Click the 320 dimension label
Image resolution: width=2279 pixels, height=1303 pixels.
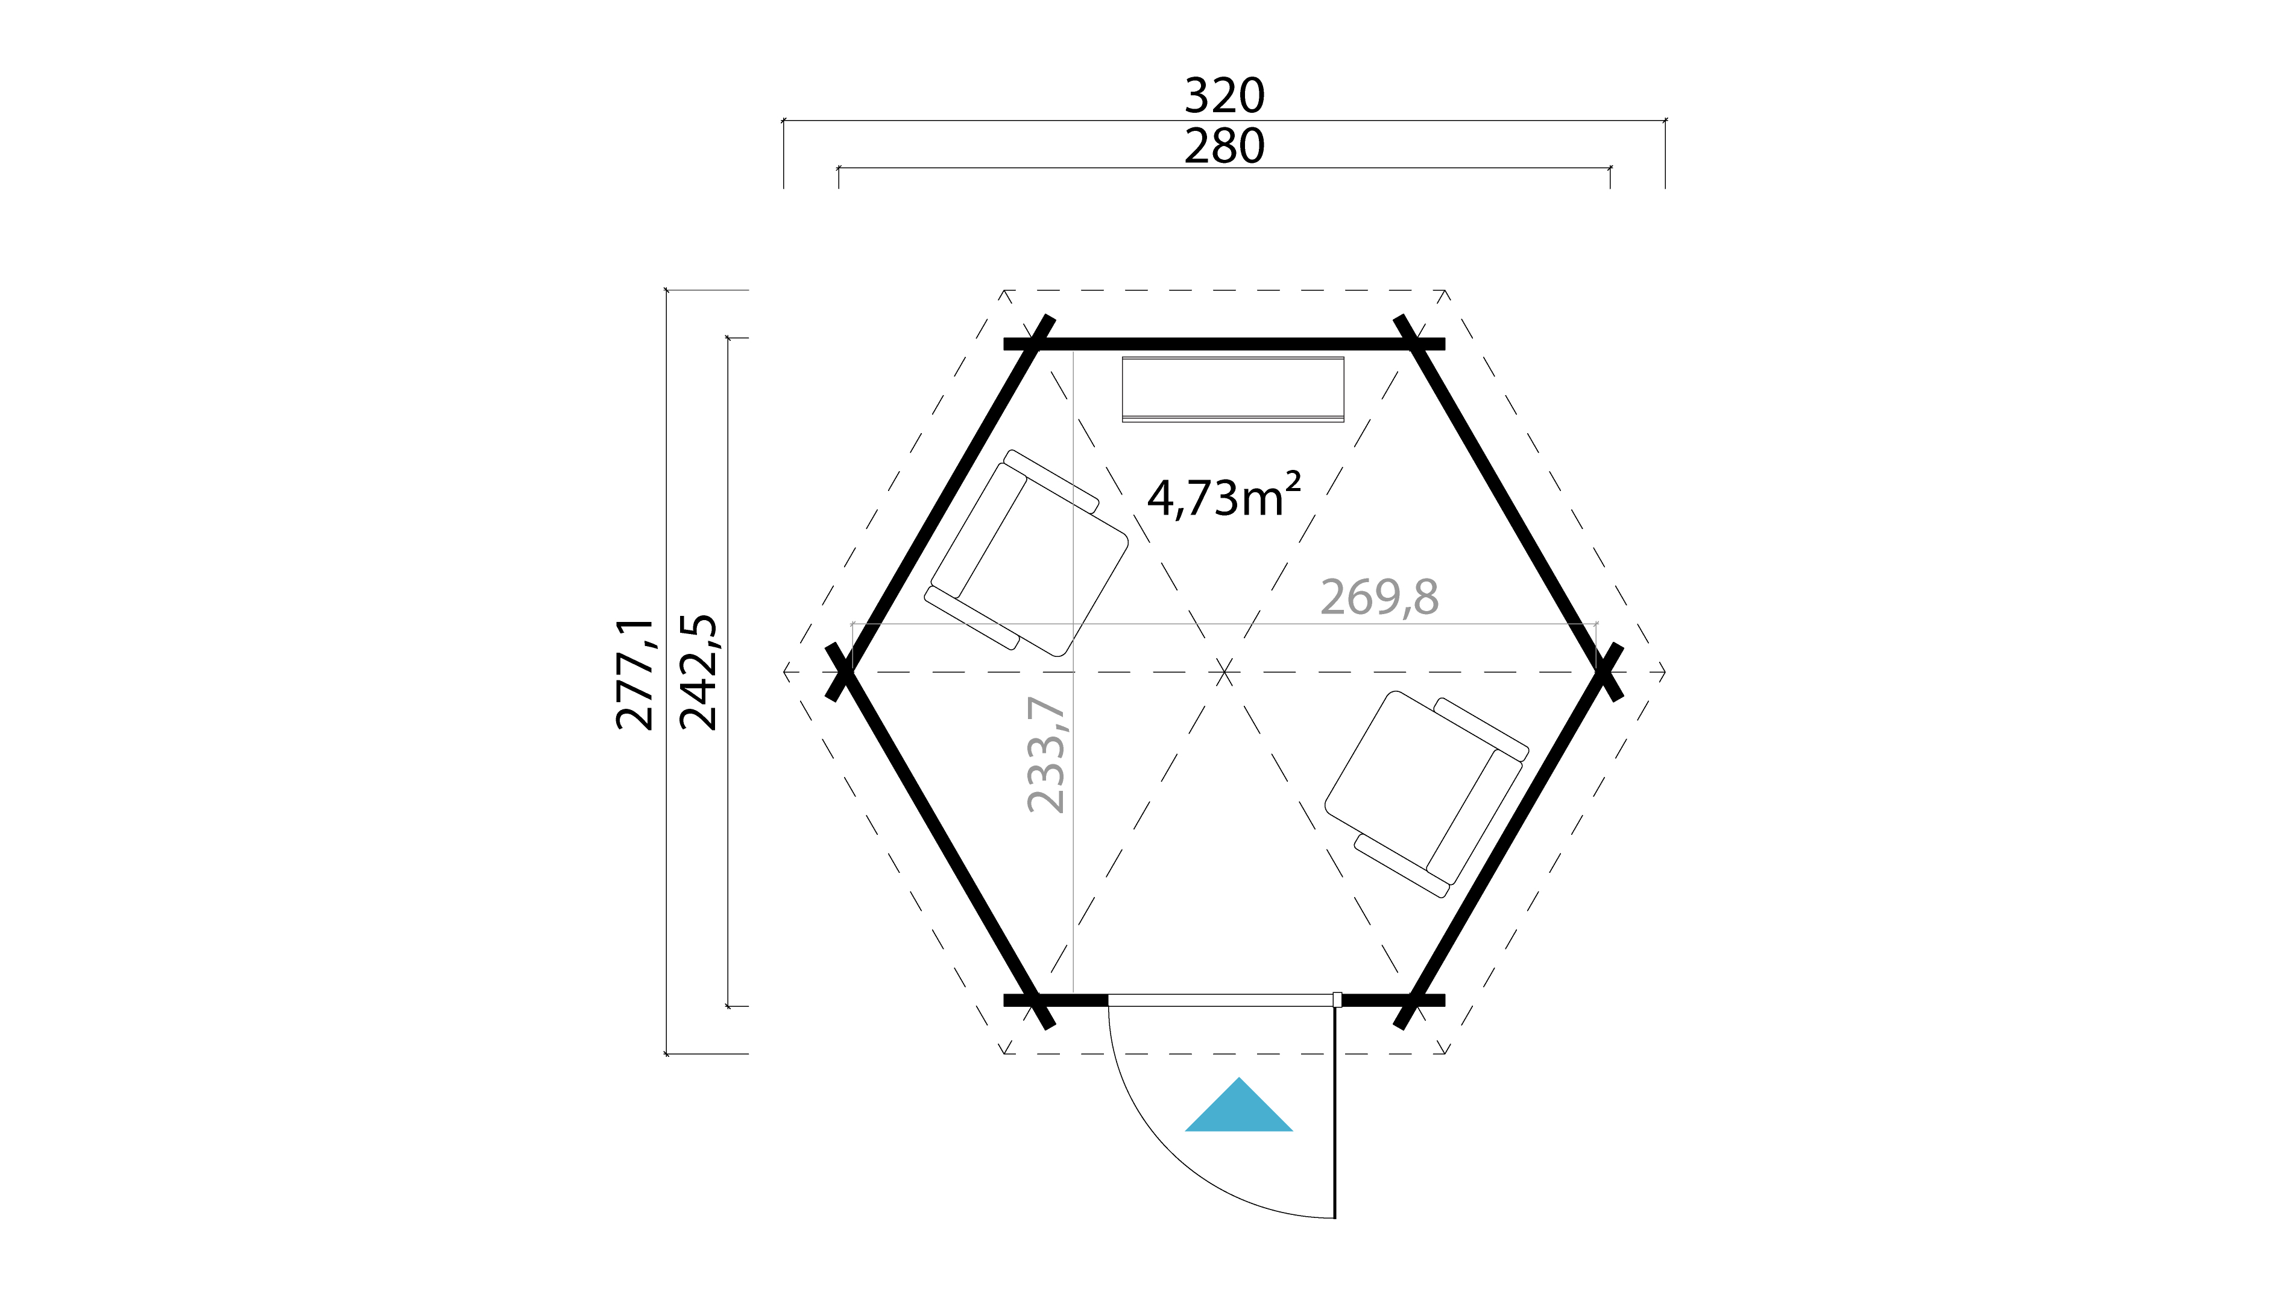[1225, 96]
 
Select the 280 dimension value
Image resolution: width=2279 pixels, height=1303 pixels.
[1225, 147]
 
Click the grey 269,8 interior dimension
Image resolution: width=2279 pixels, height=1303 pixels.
[1379, 597]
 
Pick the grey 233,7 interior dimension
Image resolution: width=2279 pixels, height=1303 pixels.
[1047, 755]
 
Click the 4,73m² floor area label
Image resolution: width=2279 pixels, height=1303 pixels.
[1223, 498]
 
